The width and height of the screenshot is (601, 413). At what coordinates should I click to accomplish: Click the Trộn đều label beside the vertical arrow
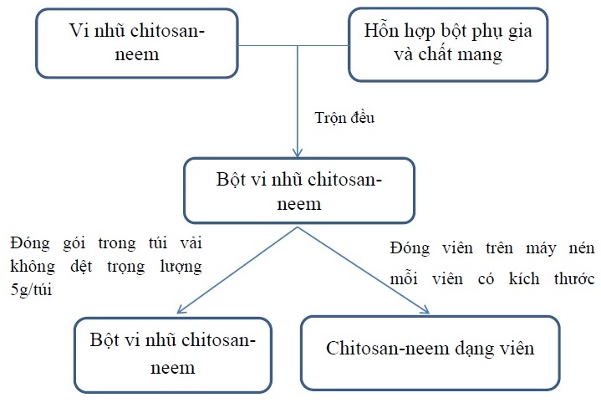(x=344, y=118)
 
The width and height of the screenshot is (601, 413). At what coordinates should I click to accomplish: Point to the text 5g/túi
(x=31, y=289)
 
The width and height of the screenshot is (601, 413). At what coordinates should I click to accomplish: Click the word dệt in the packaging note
(x=81, y=266)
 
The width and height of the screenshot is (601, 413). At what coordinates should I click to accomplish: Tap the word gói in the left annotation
(x=74, y=243)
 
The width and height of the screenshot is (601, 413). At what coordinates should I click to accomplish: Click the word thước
(x=574, y=278)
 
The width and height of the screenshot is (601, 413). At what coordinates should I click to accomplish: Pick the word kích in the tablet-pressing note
(x=524, y=278)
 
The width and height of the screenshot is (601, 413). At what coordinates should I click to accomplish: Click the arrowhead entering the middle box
(x=298, y=153)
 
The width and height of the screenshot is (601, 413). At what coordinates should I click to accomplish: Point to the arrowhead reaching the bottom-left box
(x=181, y=309)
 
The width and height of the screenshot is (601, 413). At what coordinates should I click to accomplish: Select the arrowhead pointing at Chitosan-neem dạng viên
(x=425, y=309)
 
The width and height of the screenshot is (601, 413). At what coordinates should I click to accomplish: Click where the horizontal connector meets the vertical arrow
(x=298, y=46)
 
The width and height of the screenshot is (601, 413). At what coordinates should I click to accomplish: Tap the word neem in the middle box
(x=299, y=204)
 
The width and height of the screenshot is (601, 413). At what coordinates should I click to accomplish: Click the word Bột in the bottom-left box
(x=103, y=339)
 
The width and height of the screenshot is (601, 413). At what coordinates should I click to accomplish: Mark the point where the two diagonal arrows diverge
(x=298, y=227)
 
